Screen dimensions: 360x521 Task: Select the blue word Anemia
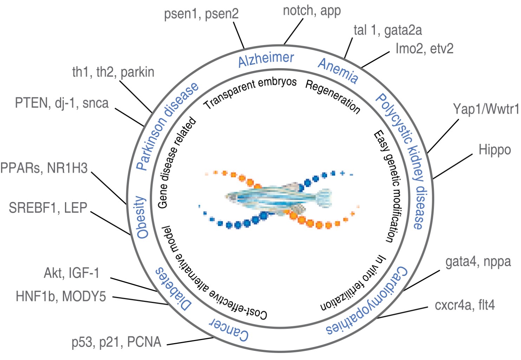coord(338,71)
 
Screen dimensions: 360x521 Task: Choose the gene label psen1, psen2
coord(201,14)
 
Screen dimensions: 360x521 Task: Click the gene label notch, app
coord(312,11)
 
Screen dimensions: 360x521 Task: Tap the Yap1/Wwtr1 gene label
coord(486,109)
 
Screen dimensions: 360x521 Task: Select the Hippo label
coord(495,150)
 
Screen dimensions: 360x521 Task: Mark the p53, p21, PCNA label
coord(116,342)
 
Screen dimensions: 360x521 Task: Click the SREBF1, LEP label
coord(48,208)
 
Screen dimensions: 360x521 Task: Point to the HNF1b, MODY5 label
coord(61,296)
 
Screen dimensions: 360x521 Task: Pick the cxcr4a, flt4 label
coord(464,305)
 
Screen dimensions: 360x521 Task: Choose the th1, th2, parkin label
coord(113,72)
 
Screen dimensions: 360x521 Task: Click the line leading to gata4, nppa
coord(422,281)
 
